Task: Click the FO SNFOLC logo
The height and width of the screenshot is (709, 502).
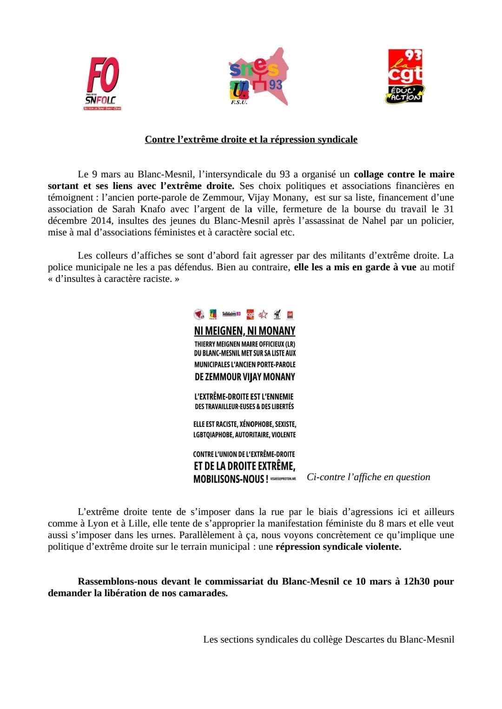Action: click(x=103, y=83)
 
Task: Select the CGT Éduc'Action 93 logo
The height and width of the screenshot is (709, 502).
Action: click(x=405, y=76)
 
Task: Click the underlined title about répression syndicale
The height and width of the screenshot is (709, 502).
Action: click(x=251, y=139)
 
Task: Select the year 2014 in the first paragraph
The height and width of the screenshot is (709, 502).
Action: click(x=101, y=221)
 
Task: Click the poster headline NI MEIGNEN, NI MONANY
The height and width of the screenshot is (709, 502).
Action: click(x=244, y=331)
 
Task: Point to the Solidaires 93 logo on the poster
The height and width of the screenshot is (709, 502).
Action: click(x=231, y=314)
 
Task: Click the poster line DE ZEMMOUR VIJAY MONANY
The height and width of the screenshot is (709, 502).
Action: click(x=244, y=377)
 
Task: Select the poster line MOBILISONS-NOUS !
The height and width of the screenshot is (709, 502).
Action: click(x=231, y=479)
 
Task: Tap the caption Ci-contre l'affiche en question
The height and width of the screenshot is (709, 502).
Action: click(x=368, y=477)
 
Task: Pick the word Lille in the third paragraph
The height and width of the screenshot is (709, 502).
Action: click(x=139, y=523)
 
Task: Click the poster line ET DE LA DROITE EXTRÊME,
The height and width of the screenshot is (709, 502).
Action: click(x=244, y=466)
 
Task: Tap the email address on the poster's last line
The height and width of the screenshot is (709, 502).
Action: click(x=283, y=479)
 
